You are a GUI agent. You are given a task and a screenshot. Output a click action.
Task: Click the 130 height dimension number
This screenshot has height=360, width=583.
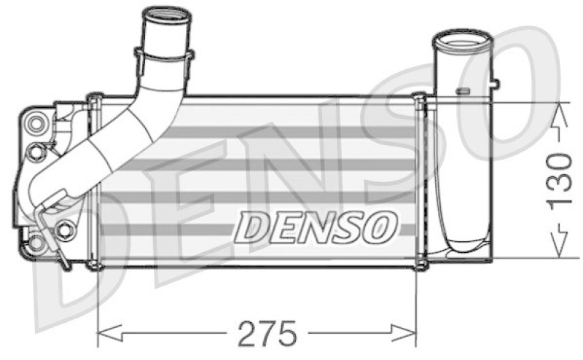[560, 179]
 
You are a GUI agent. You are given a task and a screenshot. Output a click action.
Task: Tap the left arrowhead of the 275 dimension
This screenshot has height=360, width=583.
[103, 334]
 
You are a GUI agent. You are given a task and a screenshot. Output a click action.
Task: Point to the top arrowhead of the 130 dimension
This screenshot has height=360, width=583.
[560, 109]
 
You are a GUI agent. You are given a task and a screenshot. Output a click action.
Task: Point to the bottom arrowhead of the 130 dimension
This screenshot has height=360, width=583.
[560, 250]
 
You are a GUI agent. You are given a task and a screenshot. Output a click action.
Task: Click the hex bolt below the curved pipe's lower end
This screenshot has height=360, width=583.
[66, 229]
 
